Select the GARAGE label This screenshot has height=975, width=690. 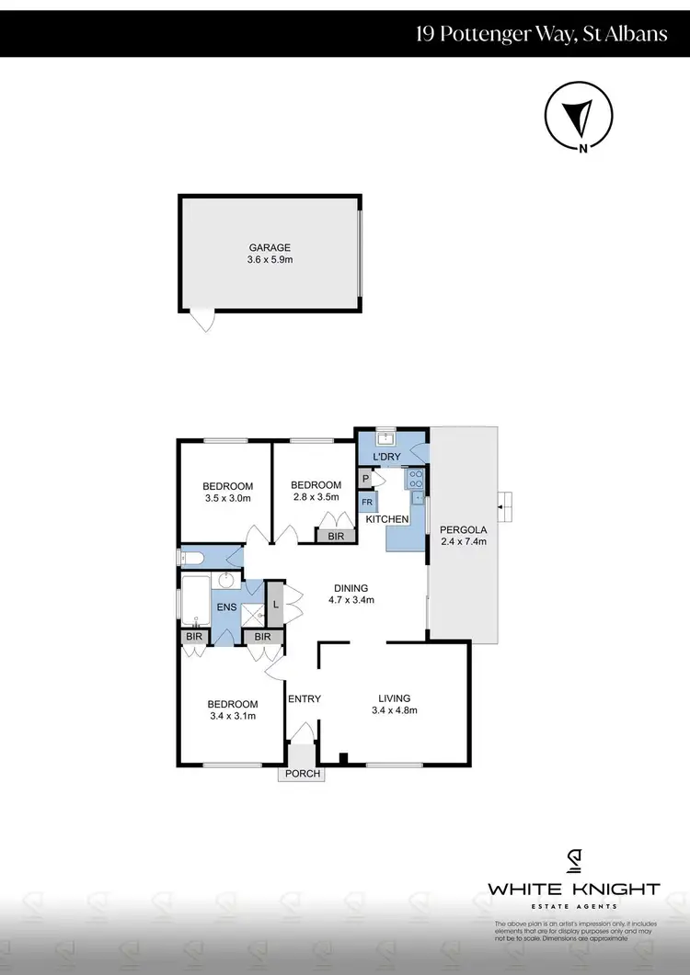click(270, 247)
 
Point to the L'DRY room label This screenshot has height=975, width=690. click(386, 458)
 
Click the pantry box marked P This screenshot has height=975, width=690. click(365, 479)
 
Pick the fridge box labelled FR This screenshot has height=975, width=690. click(366, 503)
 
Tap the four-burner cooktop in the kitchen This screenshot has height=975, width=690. click(415, 479)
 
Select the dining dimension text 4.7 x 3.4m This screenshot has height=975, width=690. click(351, 600)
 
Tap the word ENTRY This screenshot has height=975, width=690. click(304, 699)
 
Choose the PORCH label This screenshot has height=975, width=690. click(303, 774)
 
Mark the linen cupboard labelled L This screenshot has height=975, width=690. click(275, 604)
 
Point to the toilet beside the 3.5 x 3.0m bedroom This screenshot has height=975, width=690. click(190, 557)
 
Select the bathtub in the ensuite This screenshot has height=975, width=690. click(196, 600)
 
